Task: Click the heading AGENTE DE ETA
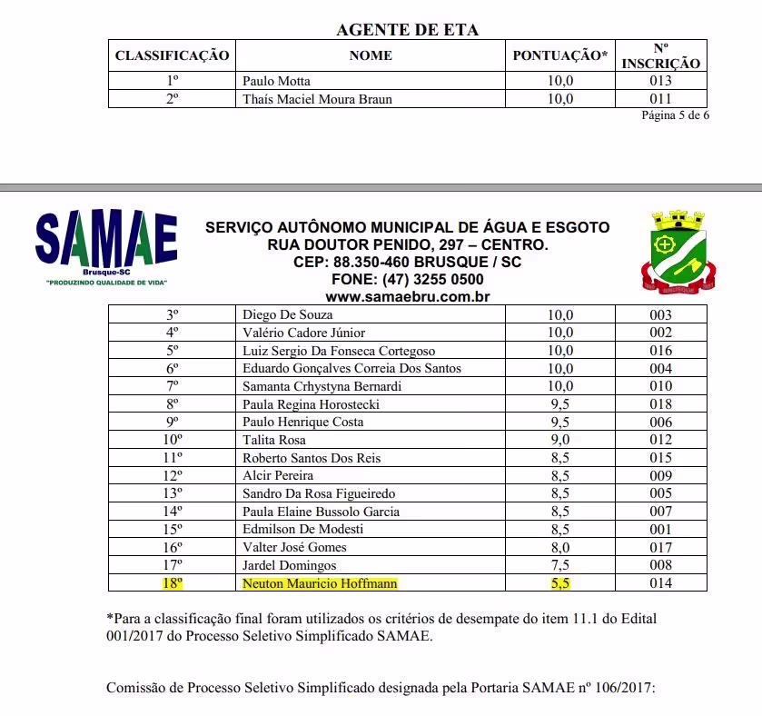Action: (407, 29)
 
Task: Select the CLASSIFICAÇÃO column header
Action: (172, 55)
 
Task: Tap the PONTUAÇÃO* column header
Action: (560, 55)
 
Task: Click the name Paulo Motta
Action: (276, 81)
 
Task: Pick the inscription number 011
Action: (660, 98)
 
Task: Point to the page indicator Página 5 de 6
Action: (675, 115)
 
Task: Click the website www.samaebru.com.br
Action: (408, 296)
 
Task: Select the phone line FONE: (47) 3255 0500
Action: (408, 279)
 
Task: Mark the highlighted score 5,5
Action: (559, 583)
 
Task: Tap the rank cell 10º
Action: (172, 440)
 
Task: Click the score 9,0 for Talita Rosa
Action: (559, 440)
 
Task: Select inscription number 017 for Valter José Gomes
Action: (660, 547)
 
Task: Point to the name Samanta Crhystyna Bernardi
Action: (322, 386)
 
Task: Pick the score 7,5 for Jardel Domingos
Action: (559, 565)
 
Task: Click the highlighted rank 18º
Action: (172, 583)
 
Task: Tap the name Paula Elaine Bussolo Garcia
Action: (321, 512)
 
